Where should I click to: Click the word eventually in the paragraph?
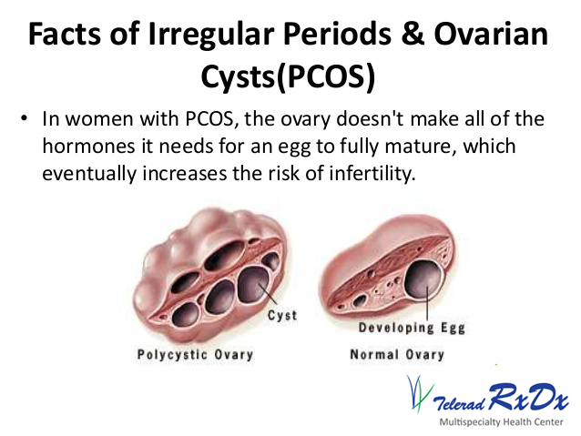pos(86,172)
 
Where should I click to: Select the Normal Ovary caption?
pos(397,355)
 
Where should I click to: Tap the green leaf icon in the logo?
pos(416,393)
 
